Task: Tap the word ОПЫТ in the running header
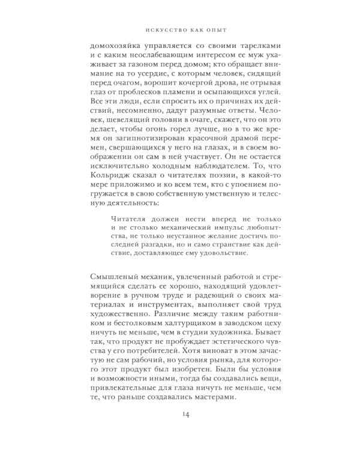[x=216, y=28]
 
